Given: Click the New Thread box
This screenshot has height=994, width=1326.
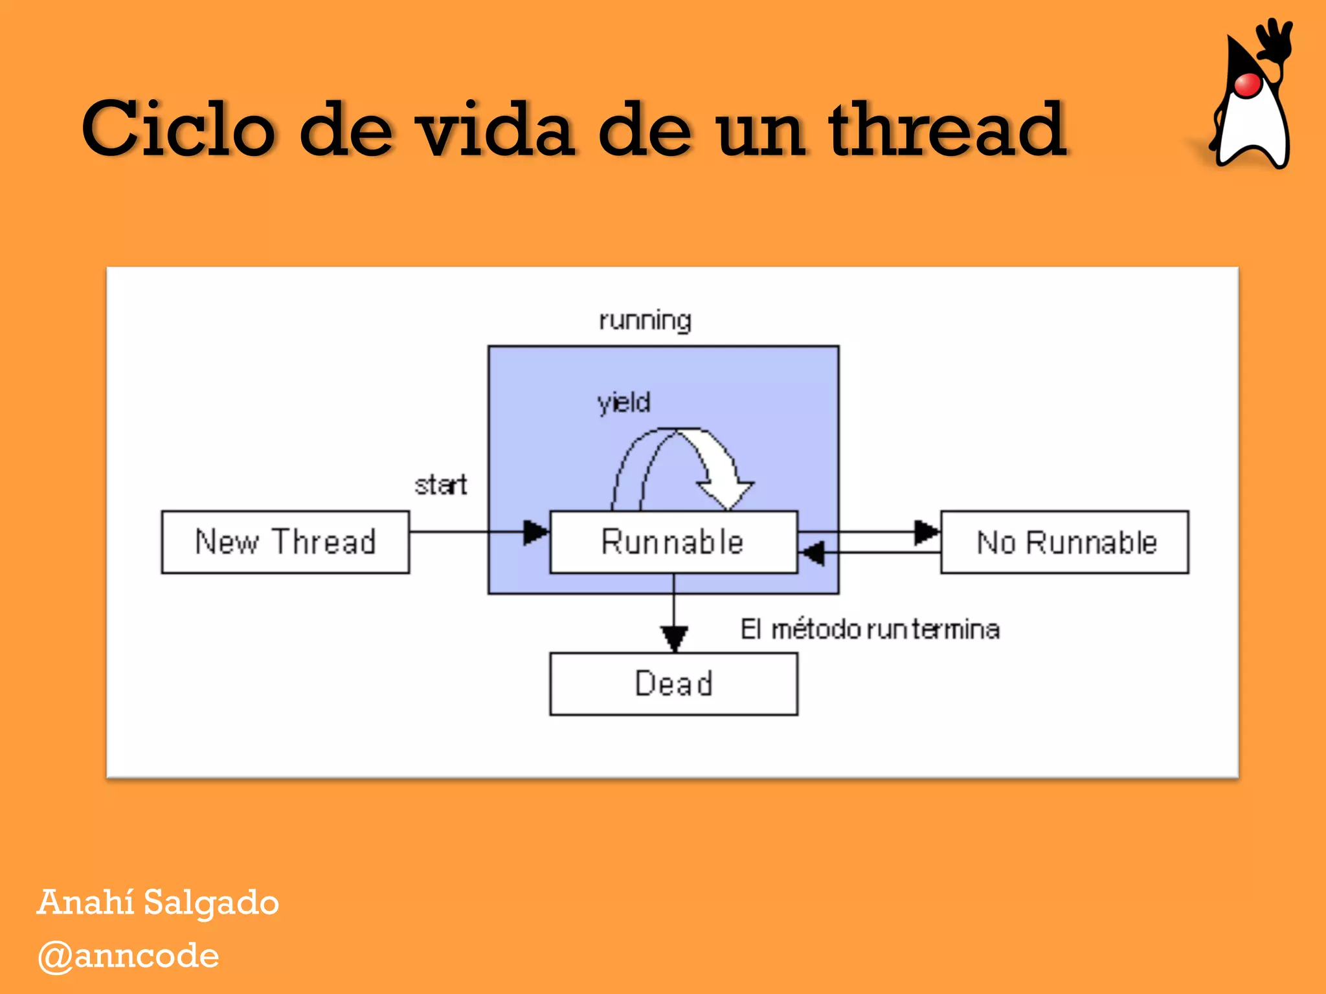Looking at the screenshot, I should coord(285,542).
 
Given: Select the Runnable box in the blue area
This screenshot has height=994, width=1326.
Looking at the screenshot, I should coord(673,542).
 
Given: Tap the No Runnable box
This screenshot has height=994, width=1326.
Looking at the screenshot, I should coord(1065,542).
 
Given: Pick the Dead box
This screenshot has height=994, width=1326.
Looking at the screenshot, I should coord(673,684).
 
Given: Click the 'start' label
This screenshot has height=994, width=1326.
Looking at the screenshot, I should coord(440,485).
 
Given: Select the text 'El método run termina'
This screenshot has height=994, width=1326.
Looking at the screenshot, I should coord(870,629).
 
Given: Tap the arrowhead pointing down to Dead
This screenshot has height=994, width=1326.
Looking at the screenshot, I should coord(674,637).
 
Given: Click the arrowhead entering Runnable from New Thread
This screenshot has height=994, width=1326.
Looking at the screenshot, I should coord(535,532).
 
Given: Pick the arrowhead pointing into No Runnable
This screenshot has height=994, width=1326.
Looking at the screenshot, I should coord(927,532).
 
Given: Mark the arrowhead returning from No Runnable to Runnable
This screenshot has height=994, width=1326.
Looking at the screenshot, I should coord(812,553).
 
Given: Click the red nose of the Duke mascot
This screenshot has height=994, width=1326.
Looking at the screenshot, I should coord(1248,85).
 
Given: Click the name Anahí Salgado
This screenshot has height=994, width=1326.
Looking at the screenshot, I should coord(158,902).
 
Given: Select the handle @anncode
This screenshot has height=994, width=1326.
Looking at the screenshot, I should coord(128,956).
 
